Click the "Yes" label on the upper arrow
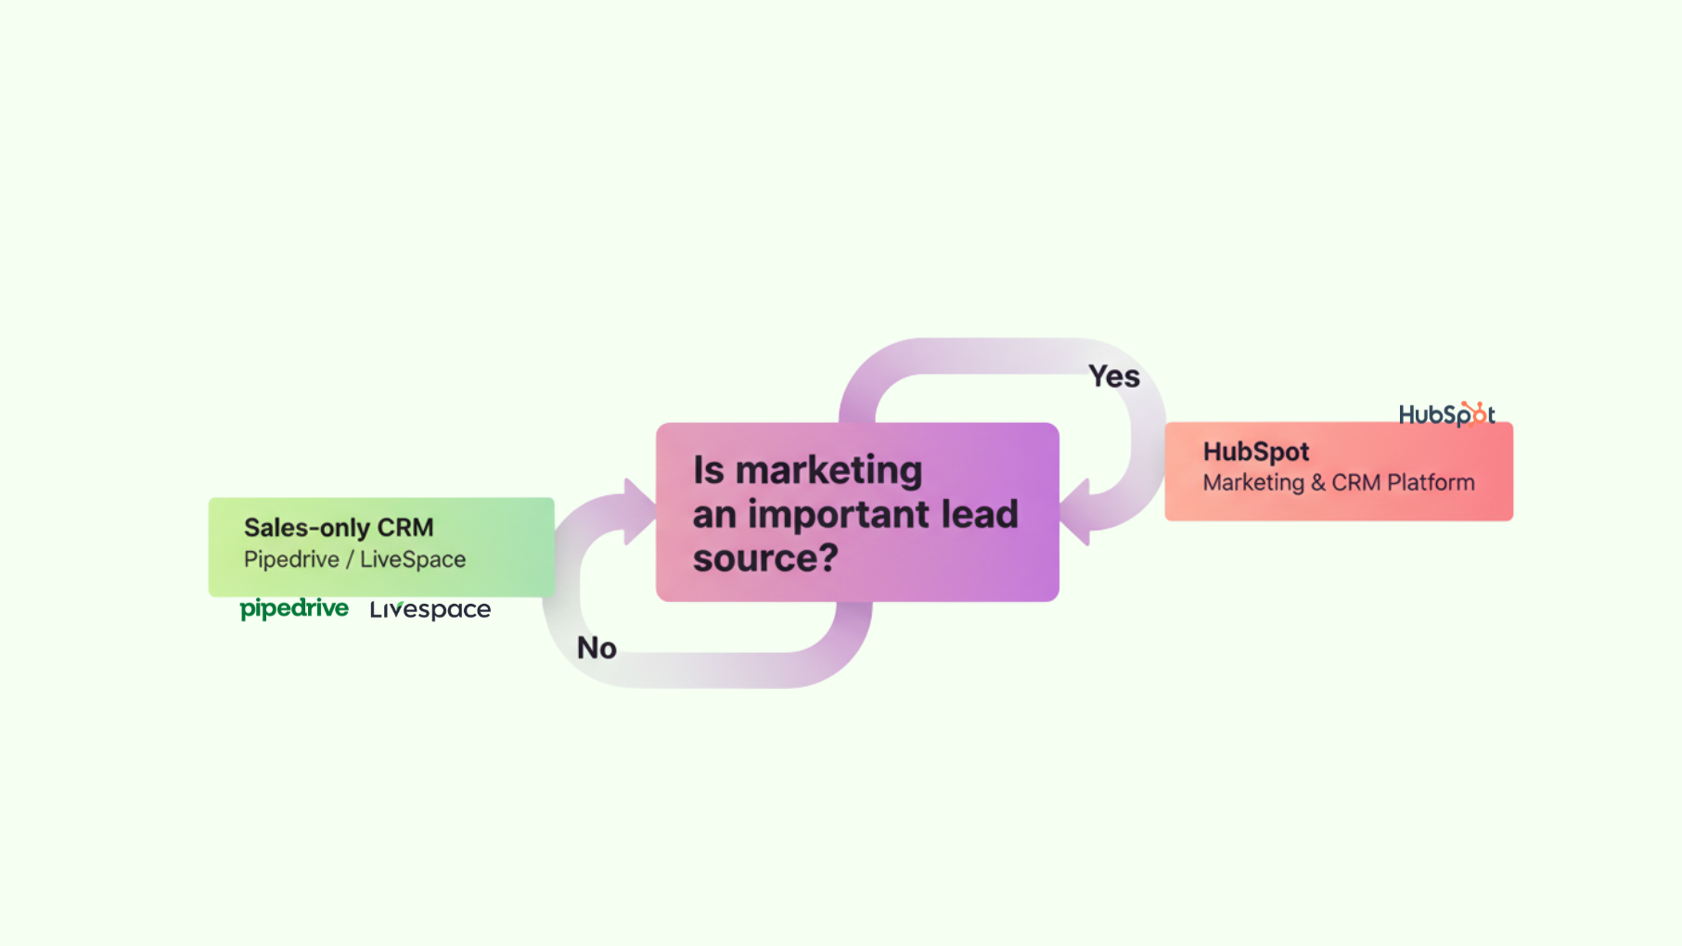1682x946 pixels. coord(1113,377)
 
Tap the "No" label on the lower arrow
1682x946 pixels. coord(597,647)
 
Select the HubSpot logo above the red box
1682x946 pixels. coord(1445,415)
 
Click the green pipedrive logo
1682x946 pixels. coord(294,608)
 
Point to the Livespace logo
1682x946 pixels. coord(430,609)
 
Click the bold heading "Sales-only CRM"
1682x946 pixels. coord(339,528)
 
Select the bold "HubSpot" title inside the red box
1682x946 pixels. coord(1255,452)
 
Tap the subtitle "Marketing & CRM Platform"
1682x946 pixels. coord(1338,482)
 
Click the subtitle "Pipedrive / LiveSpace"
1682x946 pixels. coord(354,559)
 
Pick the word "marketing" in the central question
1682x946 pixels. coord(828,470)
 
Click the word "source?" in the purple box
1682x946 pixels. coord(765,557)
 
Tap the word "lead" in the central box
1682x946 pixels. coord(979,514)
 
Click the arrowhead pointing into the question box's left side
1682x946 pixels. coord(639,511)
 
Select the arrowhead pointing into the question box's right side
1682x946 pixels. coord(1076,511)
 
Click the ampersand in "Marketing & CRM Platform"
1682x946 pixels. coord(1317,482)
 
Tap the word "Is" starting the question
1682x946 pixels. coord(708,470)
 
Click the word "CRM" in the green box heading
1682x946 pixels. coord(405,528)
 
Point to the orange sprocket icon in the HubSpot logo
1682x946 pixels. coord(1476,412)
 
